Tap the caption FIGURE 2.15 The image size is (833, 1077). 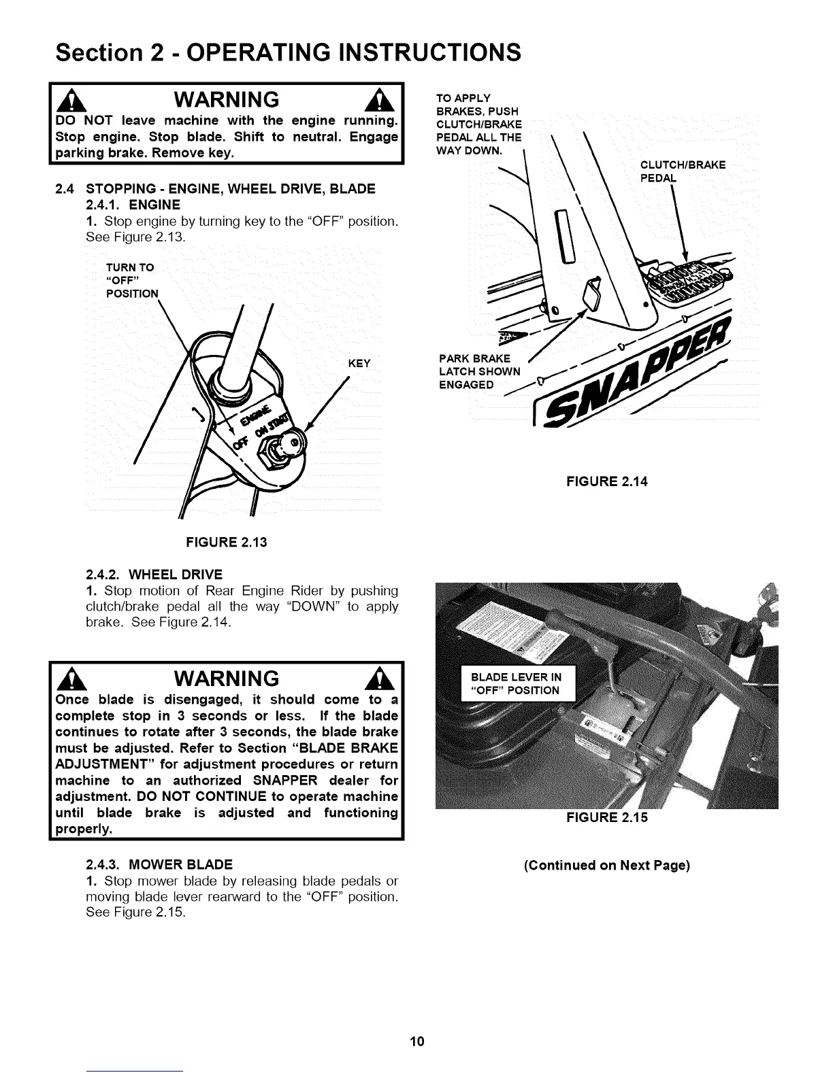pos(606,817)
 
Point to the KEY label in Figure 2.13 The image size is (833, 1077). pos(359,364)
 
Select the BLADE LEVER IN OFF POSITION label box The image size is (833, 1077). pos(517,683)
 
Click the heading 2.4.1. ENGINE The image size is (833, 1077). pos(133,205)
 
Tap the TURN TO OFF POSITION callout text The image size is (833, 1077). pos(132,280)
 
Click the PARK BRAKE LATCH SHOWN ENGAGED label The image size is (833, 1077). pos(479,371)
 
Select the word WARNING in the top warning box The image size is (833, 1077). pos(226,100)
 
